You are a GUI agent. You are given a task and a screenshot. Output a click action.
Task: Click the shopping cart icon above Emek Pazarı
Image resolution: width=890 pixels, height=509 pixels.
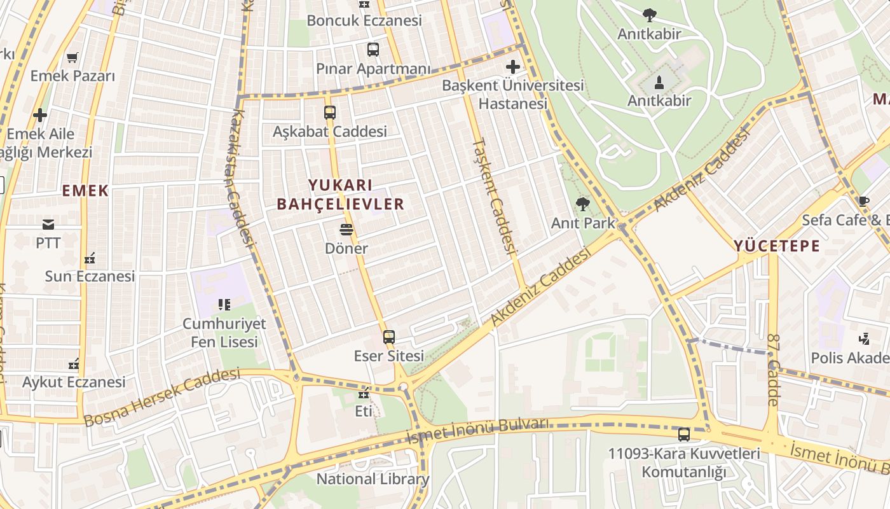(72, 57)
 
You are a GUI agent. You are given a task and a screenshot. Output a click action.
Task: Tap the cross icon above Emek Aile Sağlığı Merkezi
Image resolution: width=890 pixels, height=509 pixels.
(40, 115)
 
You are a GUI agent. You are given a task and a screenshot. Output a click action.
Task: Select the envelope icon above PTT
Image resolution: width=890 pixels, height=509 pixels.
(48, 224)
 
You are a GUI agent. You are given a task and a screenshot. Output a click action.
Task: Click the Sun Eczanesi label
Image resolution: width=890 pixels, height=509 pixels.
(90, 276)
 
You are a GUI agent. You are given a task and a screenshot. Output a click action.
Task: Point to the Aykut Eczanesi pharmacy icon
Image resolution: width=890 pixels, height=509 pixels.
(74, 364)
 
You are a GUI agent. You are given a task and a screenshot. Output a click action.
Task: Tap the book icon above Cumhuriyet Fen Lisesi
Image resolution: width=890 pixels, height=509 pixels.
(224, 305)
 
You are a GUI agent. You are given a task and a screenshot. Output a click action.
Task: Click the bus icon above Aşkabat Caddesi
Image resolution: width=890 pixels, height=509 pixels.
(329, 113)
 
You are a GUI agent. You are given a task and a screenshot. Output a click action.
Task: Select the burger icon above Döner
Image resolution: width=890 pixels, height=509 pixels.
(346, 229)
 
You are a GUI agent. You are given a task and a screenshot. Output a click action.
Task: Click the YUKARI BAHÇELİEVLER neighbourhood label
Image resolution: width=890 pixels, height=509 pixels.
(340, 195)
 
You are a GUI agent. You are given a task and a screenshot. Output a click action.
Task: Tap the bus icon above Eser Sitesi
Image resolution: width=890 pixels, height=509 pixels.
(388, 337)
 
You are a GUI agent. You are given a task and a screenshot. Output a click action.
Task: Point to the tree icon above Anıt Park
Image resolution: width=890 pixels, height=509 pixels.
(582, 204)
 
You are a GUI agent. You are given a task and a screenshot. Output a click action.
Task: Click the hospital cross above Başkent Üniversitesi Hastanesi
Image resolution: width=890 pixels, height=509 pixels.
(512, 66)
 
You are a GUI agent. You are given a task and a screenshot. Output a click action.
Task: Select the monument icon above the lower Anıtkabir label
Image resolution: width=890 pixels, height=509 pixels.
(659, 82)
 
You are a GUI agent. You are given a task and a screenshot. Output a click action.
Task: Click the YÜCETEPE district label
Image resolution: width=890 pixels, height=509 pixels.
(777, 246)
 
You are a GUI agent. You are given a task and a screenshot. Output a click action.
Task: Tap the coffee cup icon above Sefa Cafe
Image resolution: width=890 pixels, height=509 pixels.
(863, 202)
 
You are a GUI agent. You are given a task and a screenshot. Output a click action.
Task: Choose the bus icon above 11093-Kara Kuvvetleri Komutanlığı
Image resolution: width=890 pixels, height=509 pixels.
(684, 435)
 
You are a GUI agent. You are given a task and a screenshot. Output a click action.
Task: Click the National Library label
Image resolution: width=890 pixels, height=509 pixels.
(373, 479)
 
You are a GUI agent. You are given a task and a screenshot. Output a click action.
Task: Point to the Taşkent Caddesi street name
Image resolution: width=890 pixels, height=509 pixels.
(495, 196)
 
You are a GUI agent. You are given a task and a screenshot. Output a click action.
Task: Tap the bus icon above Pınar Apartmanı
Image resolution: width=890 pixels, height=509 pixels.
(373, 50)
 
